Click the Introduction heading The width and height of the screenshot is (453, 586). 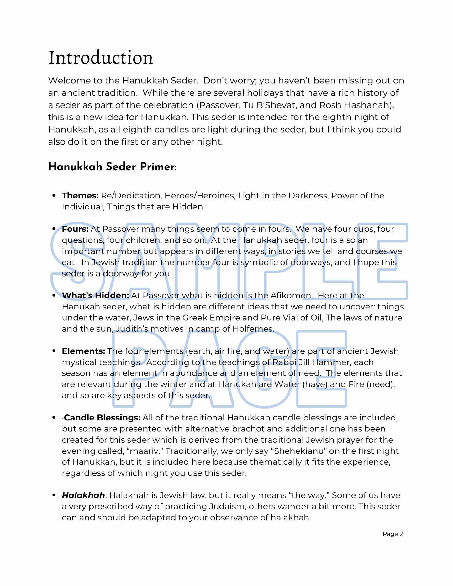click(101, 58)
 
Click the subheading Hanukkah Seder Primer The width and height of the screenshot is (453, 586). click(111, 167)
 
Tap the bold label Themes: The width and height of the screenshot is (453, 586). click(80, 196)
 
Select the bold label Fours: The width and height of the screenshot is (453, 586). click(75, 229)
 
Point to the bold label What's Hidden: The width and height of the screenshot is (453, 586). click(95, 295)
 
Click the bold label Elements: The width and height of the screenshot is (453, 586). click(83, 351)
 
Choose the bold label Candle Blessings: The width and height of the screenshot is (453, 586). click(102, 418)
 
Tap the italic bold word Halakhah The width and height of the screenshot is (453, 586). click(83, 495)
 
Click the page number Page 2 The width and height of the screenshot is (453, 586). click(392, 534)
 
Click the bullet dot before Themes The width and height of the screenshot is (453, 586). click(54, 196)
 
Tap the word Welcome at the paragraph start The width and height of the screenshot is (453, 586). click(66, 81)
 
